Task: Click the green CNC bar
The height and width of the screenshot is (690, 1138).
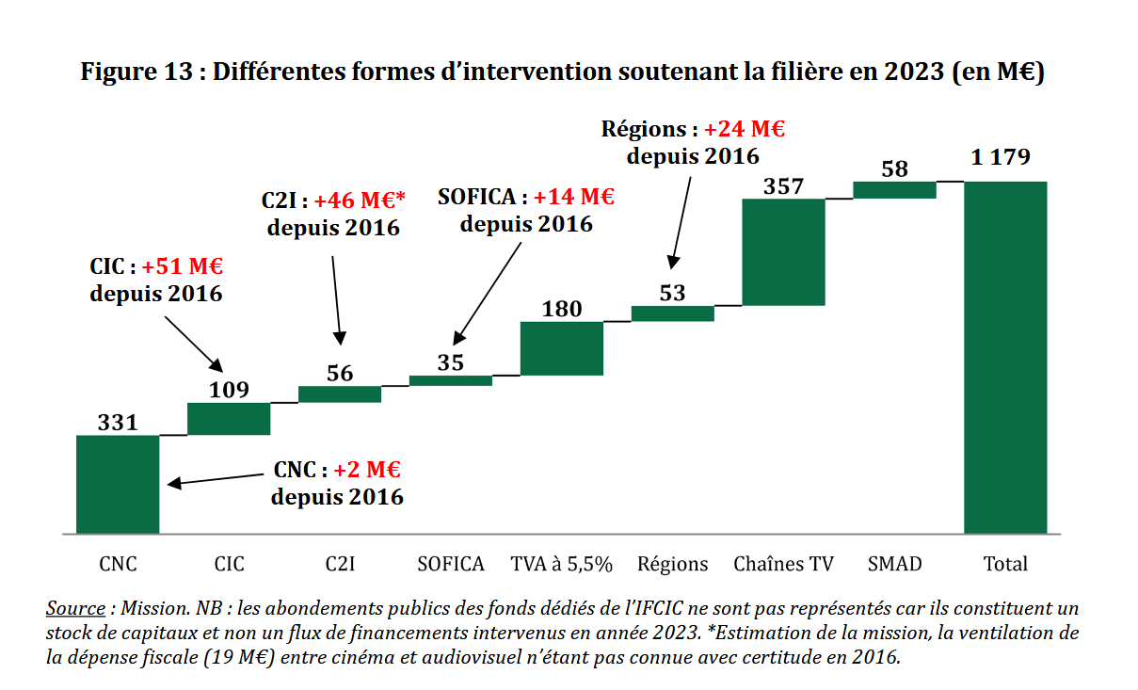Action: coord(118,484)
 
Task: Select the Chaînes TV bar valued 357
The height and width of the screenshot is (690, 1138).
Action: coord(783,251)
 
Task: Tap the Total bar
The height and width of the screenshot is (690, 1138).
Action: coord(1005,357)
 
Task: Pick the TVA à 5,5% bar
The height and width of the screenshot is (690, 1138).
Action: coord(561,348)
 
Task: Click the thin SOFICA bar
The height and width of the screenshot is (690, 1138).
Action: coord(451,380)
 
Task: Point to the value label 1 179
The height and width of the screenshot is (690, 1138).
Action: coord(1003,158)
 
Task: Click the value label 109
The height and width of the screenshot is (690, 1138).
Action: coord(228,389)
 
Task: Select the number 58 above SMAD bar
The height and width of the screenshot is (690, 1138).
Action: coord(895,169)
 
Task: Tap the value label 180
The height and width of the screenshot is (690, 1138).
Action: coord(562,309)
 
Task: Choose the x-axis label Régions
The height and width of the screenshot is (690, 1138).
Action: coord(672,564)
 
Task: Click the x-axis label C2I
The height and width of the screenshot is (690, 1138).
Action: coord(340,564)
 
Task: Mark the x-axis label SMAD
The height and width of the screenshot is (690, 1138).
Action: coord(894,564)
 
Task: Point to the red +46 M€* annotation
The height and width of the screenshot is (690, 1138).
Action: coord(360,201)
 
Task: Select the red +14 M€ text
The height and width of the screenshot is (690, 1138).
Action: coord(573,197)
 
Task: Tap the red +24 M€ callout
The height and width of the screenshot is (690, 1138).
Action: coord(745,129)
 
